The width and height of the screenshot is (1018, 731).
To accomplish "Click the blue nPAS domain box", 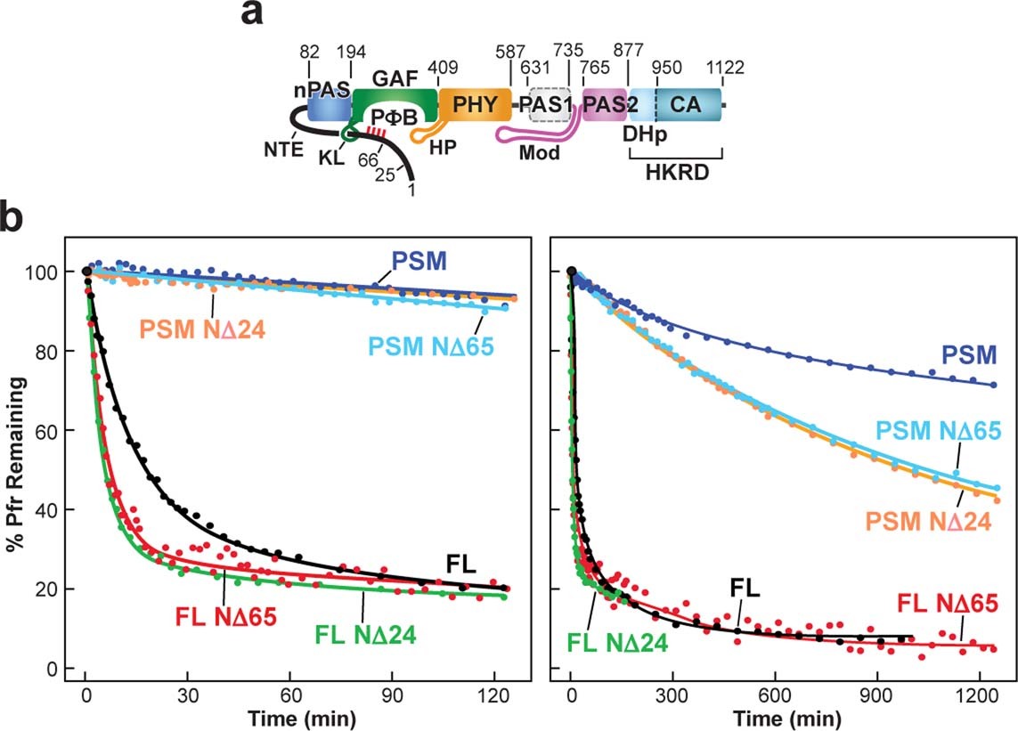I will tap(329, 106).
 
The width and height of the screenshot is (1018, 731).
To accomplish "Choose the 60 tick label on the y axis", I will tap(46, 431).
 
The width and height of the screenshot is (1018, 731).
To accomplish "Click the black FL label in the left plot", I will tap(462, 564).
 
